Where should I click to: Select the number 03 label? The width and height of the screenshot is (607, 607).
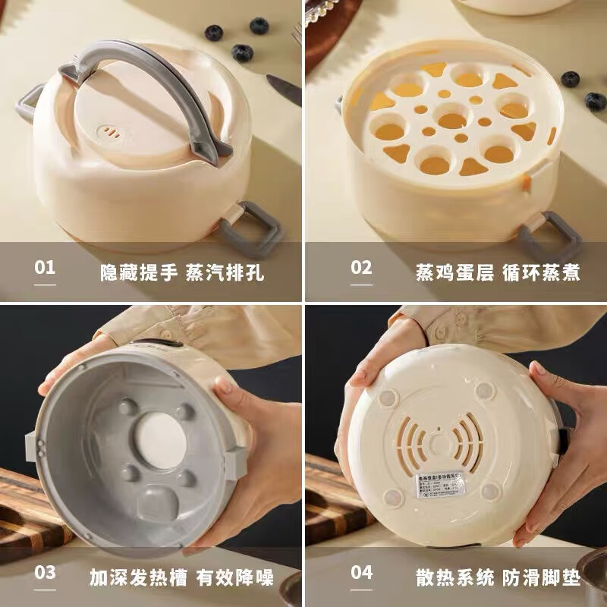(46, 573)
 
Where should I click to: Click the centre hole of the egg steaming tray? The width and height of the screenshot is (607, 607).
(452, 121)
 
